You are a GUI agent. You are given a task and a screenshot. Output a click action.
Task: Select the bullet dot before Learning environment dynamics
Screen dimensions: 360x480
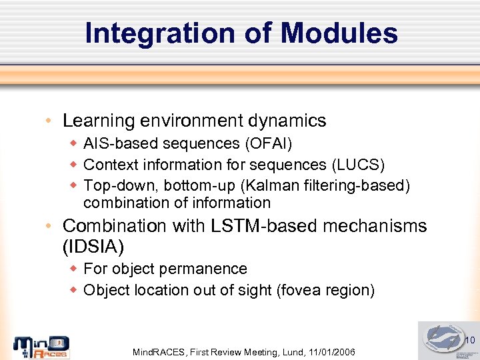coord(50,121)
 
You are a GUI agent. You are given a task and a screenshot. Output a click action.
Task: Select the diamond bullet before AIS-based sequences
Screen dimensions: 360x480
coord(74,143)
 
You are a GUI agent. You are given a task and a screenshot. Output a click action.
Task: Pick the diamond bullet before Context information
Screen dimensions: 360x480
coord(74,165)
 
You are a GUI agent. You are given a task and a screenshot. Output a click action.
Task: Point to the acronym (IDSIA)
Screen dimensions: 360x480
coord(93,247)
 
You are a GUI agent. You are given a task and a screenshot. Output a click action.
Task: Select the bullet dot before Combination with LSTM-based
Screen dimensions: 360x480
coord(50,227)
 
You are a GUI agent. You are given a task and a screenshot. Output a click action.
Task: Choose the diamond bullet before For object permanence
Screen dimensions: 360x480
coord(74,269)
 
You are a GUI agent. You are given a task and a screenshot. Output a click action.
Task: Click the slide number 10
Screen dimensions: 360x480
coord(469,341)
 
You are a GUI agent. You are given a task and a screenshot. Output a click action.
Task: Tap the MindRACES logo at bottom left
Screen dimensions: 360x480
coord(41,347)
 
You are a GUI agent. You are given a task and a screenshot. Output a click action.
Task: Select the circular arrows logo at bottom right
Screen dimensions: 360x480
coord(443,339)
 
